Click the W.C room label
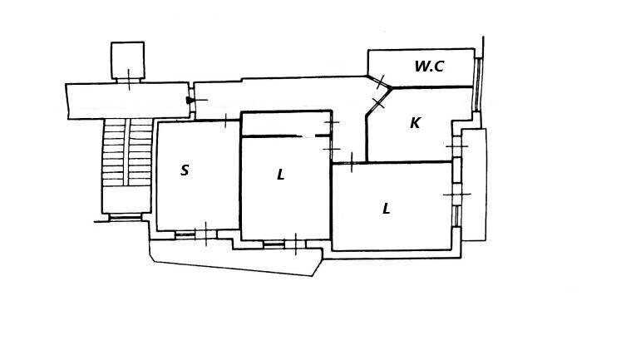(x=429, y=67)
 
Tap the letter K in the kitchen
(x=415, y=123)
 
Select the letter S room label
(x=185, y=170)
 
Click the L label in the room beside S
(x=281, y=175)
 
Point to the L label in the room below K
(x=387, y=209)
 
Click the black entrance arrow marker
(x=190, y=101)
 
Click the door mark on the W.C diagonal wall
(x=380, y=81)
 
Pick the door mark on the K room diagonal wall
(x=378, y=102)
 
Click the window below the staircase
(x=125, y=217)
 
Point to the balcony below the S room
(x=233, y=258)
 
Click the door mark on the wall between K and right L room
(x=352, y=163)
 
